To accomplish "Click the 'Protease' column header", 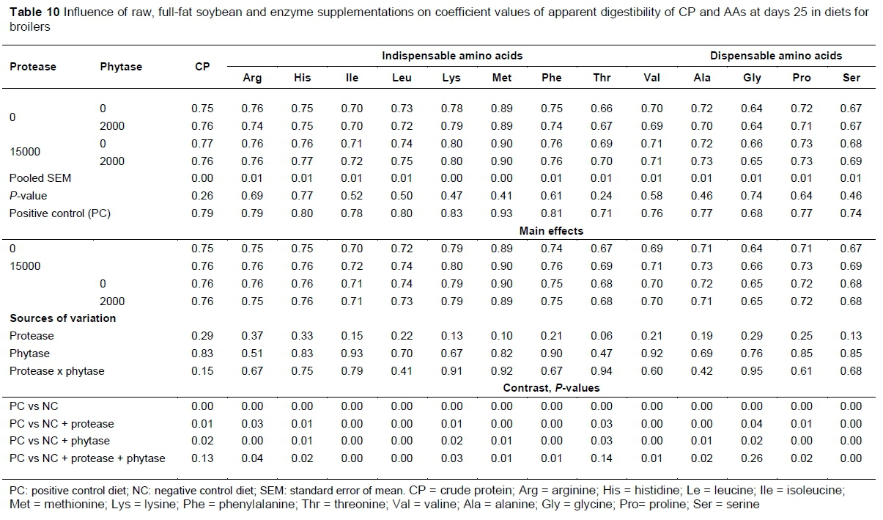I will click(32, 67).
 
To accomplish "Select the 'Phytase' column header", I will click(121, 67).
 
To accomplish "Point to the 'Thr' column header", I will click(602, 78).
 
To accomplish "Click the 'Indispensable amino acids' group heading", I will click(452, 56).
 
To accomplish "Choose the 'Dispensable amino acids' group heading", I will click(776, 56).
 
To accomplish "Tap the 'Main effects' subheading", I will click(551, 231).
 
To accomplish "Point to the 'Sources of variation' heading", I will click(62, 318).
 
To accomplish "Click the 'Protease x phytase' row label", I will click(56, 371).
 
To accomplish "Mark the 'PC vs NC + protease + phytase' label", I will click(87, 458).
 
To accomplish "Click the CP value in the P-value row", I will click(202, 196).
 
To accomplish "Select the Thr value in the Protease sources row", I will click(602, 336).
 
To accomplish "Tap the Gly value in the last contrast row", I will click(752, 458).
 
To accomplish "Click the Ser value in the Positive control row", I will click(851, 213).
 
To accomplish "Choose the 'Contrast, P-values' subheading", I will click(551, 388).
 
